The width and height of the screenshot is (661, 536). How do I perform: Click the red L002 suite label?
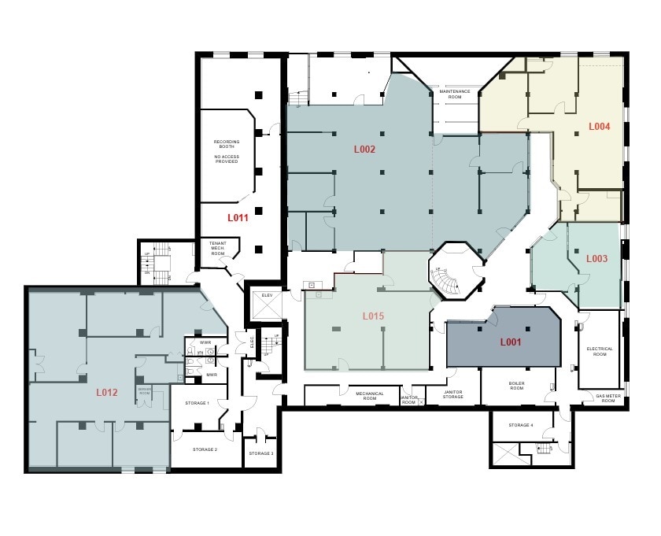point(364,149)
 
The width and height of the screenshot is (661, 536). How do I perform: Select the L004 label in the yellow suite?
point(600,126)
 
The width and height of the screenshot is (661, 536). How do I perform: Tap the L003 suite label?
point(596,258)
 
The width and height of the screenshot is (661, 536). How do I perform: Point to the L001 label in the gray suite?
point(511,342)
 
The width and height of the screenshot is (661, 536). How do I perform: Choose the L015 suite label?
point(373,316)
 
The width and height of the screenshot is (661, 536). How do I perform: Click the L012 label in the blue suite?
point(107,391)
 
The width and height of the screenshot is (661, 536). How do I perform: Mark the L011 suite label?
point(238,218)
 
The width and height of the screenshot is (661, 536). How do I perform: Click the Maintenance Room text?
point(455,94)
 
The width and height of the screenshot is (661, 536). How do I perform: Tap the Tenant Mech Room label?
point(217,249)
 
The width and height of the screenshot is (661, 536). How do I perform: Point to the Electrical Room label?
point(599,351)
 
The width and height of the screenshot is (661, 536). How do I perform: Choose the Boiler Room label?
point(516,385)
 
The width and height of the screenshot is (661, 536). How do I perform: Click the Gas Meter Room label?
point(607,399)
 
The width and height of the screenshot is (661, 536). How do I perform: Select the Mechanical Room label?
point(370,395)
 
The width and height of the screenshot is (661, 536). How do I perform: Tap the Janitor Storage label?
point(453,394)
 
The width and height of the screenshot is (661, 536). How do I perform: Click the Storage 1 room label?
point(197,403)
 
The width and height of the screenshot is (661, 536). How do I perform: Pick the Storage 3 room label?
point(261,453)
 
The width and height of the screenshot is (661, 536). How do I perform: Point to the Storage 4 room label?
point(520,425)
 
